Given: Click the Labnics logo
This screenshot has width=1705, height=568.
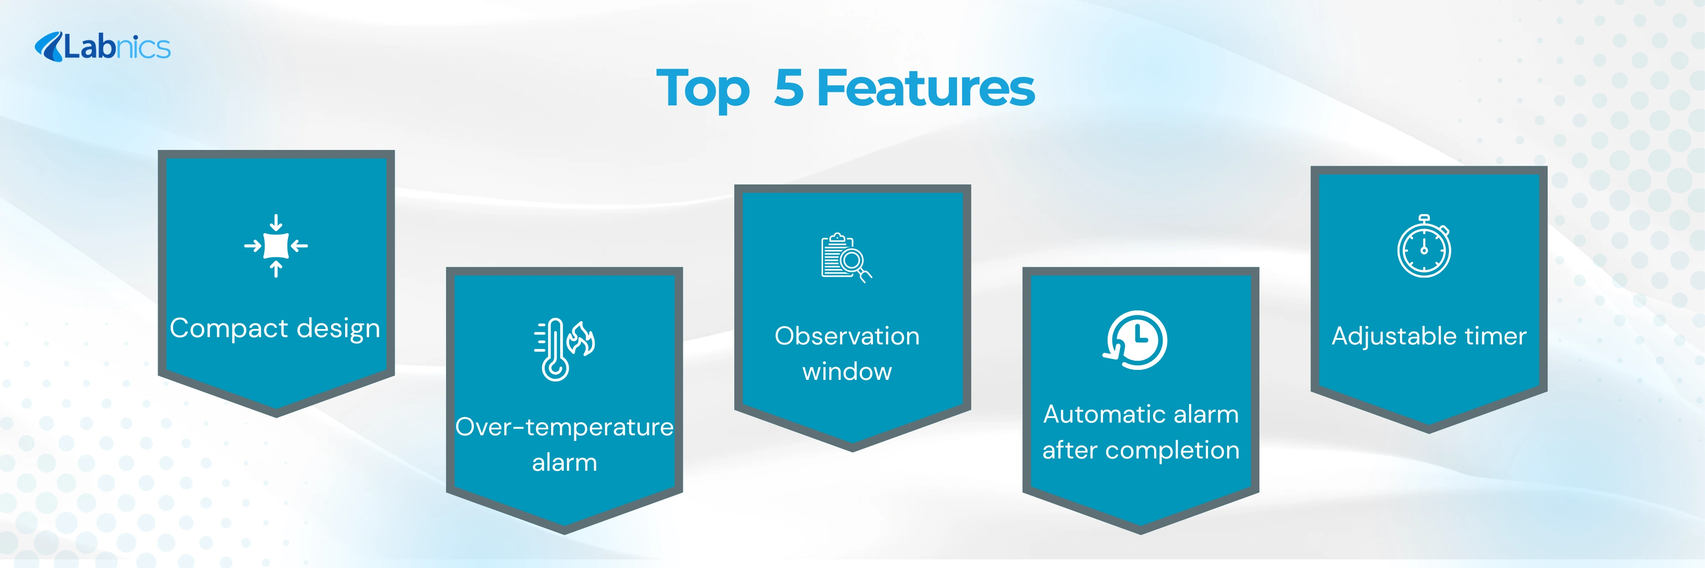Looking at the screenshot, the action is pos(103,47).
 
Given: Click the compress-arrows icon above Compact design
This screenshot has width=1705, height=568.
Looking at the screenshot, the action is pos(276,246).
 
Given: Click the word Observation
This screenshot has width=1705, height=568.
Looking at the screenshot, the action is pos(847,336).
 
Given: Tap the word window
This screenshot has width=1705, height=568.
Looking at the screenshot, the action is pos(847,372).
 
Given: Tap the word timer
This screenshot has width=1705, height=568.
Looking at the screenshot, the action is pos(1496,336).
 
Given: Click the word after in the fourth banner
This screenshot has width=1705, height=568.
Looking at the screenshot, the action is pos(1069,450).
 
